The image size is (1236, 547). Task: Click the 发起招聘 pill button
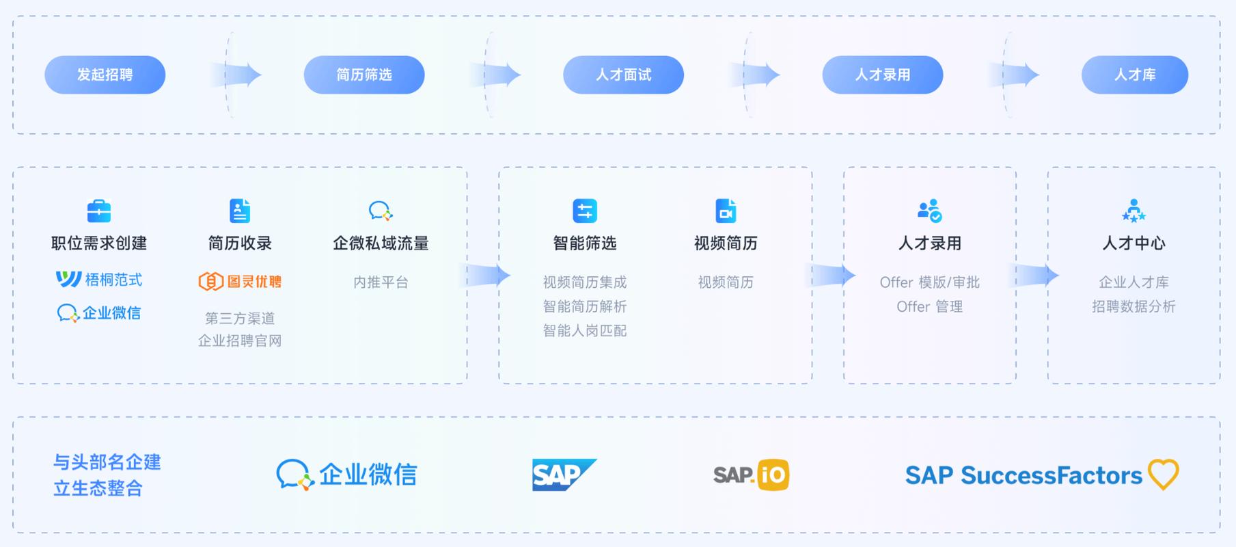click(105, 75)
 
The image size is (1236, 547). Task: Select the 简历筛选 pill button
click(363, 75)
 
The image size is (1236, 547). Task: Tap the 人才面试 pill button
click(623, 75)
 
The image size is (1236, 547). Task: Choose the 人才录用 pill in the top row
click(882, 75)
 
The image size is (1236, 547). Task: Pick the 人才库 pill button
click(1134, 75)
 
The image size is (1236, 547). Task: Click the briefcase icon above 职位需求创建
click(99, 211)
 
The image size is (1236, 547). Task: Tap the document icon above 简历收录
click(240, 211)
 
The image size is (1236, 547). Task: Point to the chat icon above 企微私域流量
click(380, 211)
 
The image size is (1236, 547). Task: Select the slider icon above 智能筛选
click(585, 211)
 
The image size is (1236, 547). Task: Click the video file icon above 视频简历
click(726, 211)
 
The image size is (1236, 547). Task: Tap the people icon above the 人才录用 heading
click(929, 211)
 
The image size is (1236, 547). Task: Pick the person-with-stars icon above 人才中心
click(1134, 211)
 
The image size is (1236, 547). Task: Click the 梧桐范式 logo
click(99, 279)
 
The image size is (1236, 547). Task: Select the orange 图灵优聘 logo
click(240, 281)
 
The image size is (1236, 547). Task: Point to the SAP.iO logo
click(751, 475)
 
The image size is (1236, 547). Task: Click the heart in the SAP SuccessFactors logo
click(1163, 474)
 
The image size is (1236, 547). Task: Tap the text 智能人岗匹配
click(585, 331)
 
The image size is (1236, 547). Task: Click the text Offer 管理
click(929, 306)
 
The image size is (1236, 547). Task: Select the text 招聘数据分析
click(1134, 306)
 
